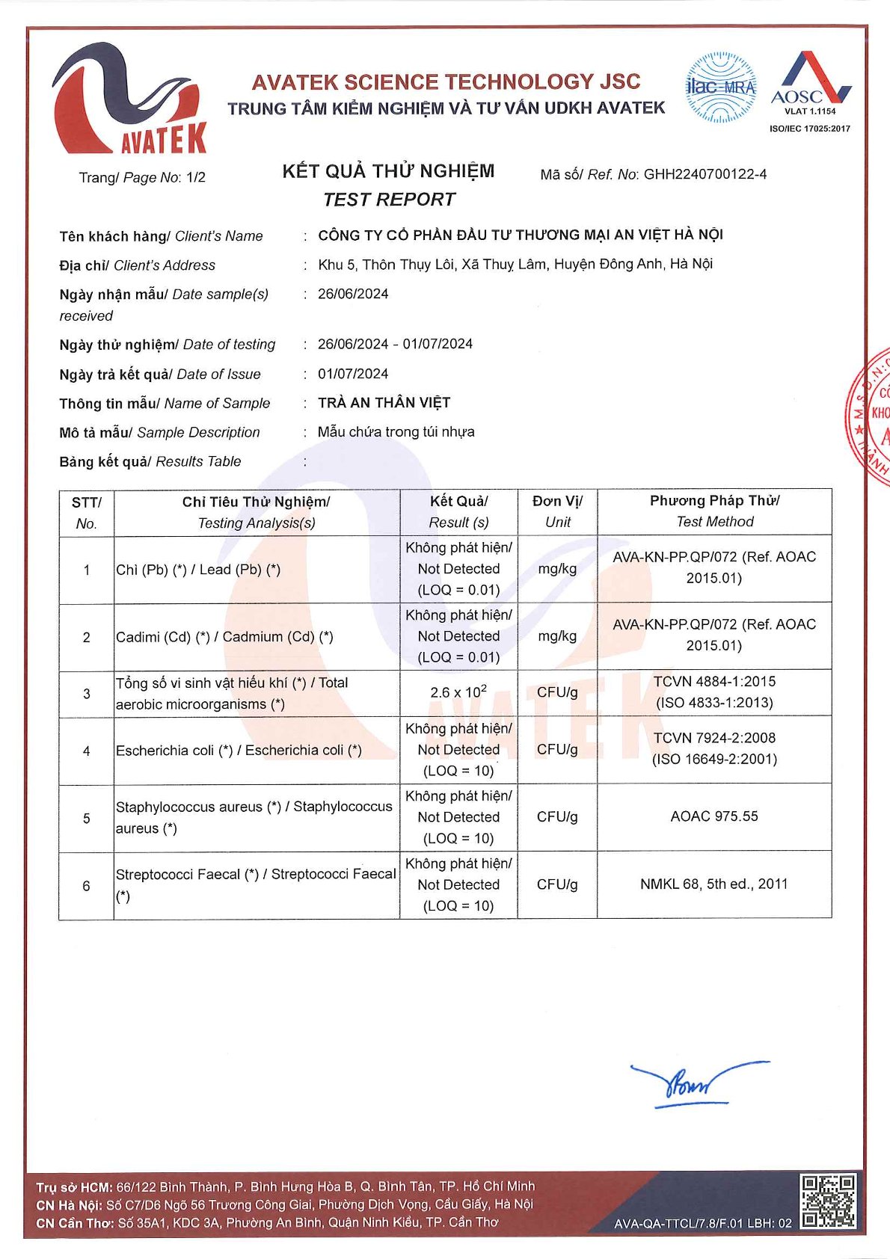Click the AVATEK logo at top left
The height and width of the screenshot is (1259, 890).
pyautogui.click(x=129, y=99)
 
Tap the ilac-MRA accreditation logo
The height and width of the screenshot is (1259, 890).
pyautogui.click(x=721, y=87)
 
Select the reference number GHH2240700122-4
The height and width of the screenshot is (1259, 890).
pyautogui.click(x=705, y=174)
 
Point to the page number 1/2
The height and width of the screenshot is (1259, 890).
pyautogui.click(x=195, y=177)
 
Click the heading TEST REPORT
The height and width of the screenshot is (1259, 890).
pyautogui.click(x=389, y=200)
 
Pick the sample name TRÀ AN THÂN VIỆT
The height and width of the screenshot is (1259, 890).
pyautogui.click(x=384, y=403)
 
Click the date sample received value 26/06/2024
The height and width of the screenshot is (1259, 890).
pyautogui.click(x=353, y=294)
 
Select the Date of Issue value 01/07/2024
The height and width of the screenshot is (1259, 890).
pyautogui.click(x=353, y=374)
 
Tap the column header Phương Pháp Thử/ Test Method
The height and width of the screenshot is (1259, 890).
pyautogui.click(x=714, y=511)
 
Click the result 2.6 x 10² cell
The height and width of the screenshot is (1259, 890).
pyautogui.click(x=458, y=692)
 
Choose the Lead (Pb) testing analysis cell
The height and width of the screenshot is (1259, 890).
pyautogui.click(x=256, y=570)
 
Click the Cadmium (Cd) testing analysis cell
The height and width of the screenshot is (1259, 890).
pyautogui.click(x=256, y=637)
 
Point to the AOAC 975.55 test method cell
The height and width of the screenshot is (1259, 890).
pyautogui.click(x=714, y=816)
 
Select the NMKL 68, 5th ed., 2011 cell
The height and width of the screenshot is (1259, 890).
pyautogui.click(x=714, y=884)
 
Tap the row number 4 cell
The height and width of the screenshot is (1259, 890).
pyautogui.click(x=87, y=751)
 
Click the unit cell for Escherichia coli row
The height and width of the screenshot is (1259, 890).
pyautogui.click(x=557, y=749)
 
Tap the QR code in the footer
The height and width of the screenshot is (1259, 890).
pyautogui.click(x=828, y=1201)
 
